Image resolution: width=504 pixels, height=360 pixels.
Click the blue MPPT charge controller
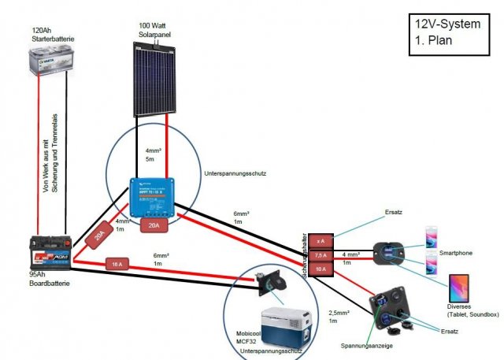click(154, 197)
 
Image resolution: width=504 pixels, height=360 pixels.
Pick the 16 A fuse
click(117, 264)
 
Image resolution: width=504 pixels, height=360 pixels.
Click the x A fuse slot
click(320, 240)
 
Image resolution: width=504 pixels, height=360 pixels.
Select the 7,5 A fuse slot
click(320, 254)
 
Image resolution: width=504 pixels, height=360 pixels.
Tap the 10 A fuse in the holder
click(320, 269)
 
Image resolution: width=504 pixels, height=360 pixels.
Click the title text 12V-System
click(447, 24)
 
